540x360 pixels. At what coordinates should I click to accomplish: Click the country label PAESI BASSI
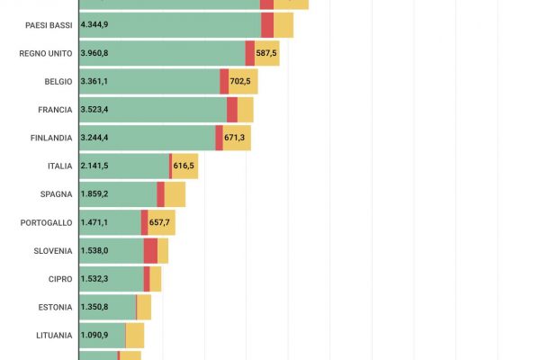49,25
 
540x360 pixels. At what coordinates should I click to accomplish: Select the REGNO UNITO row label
45,53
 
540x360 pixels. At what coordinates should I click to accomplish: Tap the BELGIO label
58,81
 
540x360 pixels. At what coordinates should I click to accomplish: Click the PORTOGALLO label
47,222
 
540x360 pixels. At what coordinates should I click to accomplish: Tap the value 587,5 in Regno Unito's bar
267,53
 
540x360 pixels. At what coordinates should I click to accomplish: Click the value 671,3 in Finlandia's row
235,138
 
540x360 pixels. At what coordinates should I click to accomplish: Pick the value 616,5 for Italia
184,166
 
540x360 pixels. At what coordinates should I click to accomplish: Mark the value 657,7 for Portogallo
161,222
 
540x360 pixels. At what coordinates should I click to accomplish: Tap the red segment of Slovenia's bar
150,251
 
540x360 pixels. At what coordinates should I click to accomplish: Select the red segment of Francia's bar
232,110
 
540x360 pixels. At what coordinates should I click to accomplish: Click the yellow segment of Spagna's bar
175,194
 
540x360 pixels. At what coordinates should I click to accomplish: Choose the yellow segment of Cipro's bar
156,279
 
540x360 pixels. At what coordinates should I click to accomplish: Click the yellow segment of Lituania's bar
135,336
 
